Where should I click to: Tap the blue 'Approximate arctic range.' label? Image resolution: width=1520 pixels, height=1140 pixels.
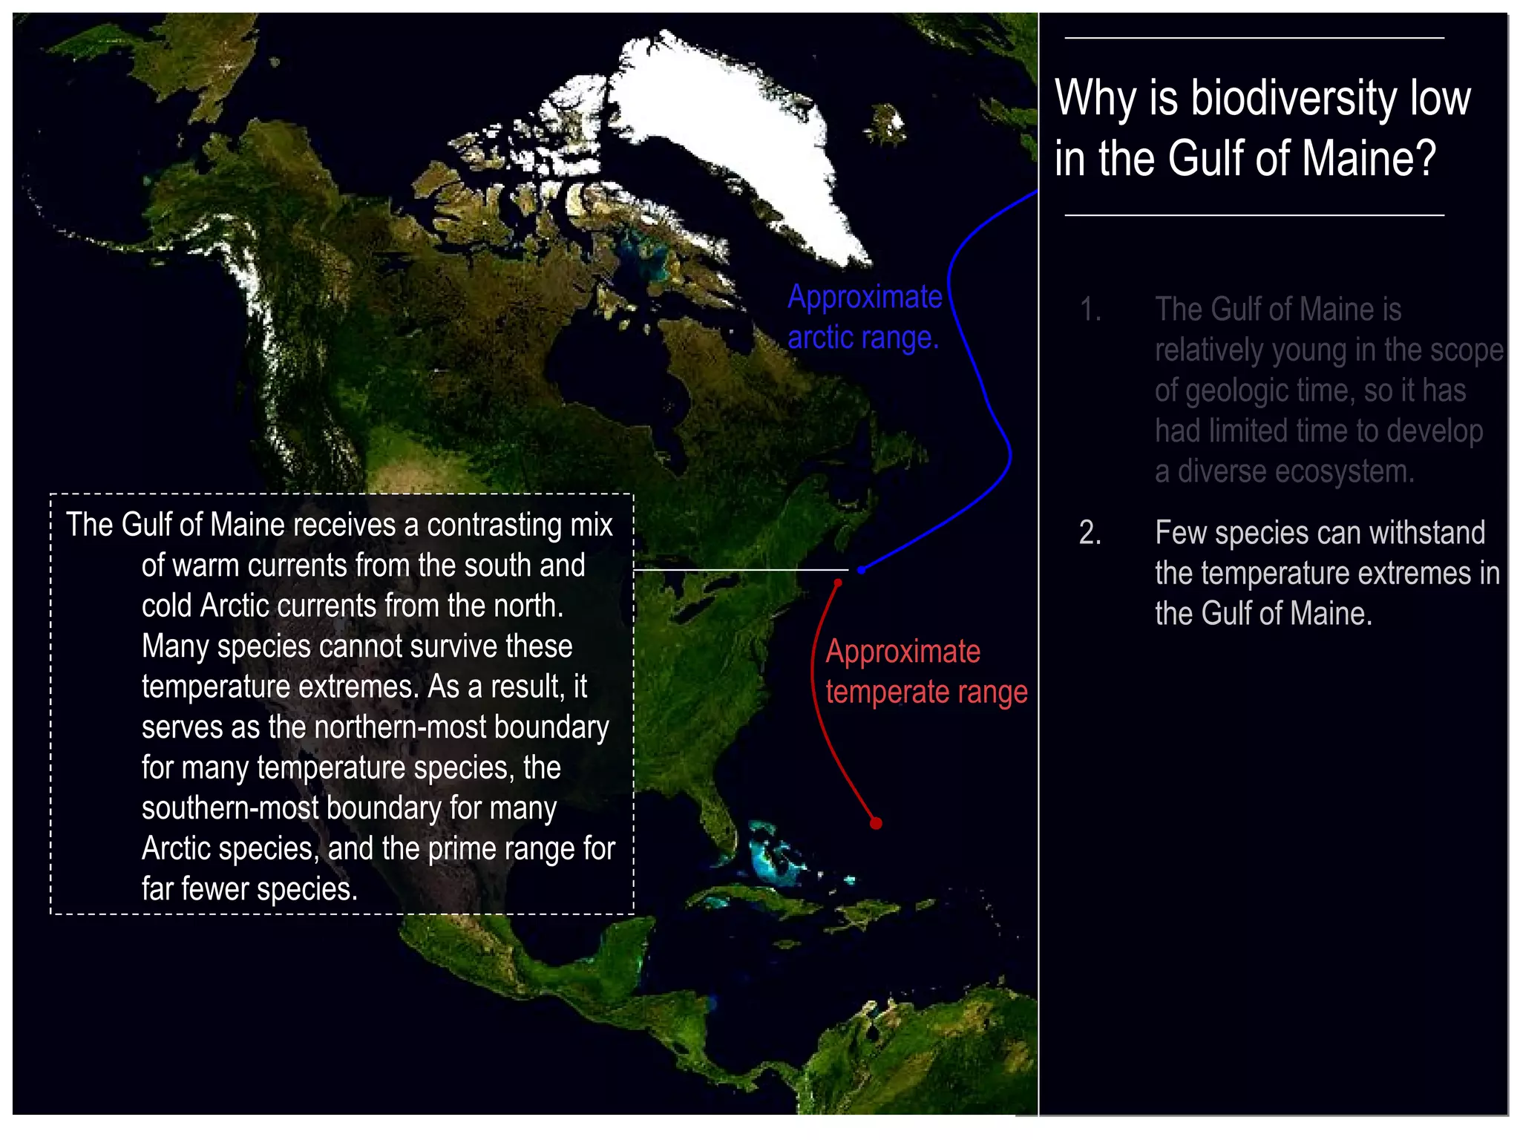[x=865, y=317]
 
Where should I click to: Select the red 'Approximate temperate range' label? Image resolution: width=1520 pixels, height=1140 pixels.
[x=926, y=672]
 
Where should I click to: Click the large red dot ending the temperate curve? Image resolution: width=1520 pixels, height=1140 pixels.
[x=876, y=823]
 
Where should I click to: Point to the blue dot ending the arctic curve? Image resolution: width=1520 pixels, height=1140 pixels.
[x=861, y=570]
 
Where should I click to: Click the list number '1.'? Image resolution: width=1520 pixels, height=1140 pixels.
[x=1090, y=309]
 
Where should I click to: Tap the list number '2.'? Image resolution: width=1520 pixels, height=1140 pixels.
[x=1090, y=533]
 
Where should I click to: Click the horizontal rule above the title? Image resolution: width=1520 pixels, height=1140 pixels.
[x=1254, y=38]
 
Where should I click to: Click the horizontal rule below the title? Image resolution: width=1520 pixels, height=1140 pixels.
[x=1254, y=215]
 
